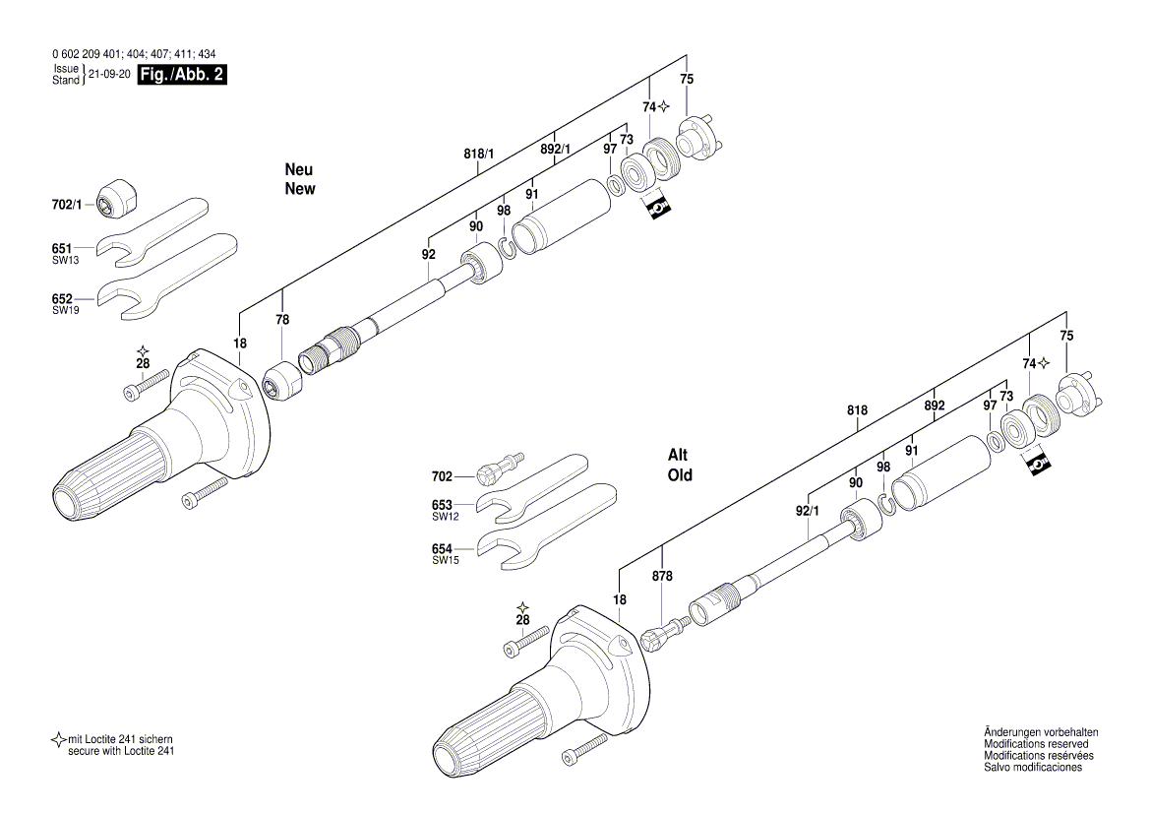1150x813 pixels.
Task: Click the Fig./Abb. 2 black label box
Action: click(x=182, y=75)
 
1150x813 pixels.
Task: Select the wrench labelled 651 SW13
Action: click(x=157, y=233)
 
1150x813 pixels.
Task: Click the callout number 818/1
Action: click(x=478, y=155)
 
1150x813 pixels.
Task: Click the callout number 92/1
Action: click(x=808, y=512)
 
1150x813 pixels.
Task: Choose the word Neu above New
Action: click(x=299, y=169)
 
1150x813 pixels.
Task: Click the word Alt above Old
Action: click(x=678, y=455)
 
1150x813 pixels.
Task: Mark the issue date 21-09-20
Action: click(x=109, y=75)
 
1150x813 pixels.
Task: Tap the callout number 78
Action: click(x=282, y=321)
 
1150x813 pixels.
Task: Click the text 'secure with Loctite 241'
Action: click(x=120, y=751)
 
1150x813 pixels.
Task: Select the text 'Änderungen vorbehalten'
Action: click(x=1041, y=732)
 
